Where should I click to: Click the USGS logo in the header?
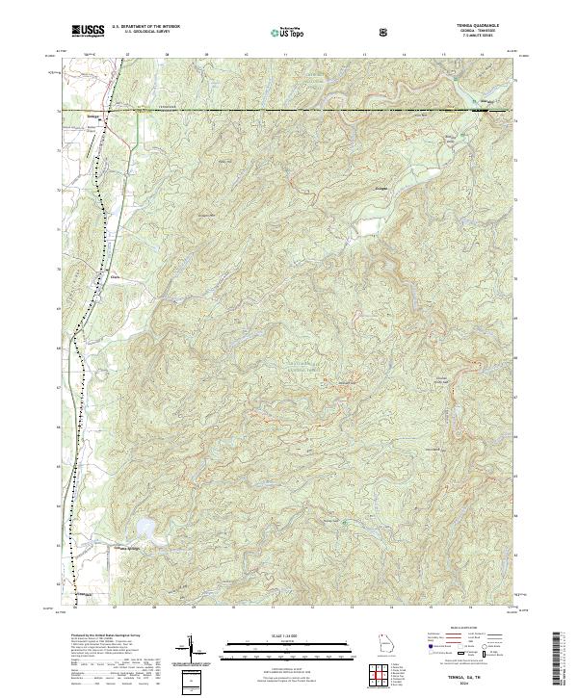coord(88,31)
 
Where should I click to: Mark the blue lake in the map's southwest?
coord(145,528)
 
